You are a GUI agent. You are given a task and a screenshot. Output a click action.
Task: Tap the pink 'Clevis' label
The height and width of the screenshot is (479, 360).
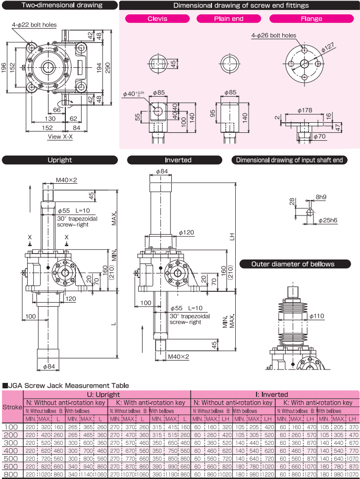coord(157,19)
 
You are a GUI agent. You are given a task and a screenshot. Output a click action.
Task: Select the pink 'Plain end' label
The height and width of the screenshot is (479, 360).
coord(229,19)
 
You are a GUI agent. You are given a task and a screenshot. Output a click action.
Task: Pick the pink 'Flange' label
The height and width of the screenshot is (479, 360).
coord(311,19)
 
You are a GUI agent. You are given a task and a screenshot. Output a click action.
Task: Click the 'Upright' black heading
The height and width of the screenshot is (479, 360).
coord(60,160)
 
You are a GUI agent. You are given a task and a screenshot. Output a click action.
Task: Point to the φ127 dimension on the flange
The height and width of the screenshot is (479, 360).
coord(328,48)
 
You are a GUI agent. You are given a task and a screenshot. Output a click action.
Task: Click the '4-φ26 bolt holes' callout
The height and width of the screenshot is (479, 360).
coord(273,36)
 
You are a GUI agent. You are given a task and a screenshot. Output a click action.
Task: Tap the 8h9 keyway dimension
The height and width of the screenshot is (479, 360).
coord(321,197)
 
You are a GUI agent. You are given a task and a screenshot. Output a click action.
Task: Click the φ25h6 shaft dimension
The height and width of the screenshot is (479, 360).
coord(328,220)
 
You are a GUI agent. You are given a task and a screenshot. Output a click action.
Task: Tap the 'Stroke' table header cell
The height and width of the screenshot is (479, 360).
coord(12,407)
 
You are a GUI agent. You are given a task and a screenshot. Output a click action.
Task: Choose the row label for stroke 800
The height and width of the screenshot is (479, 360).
coord(12,474)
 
